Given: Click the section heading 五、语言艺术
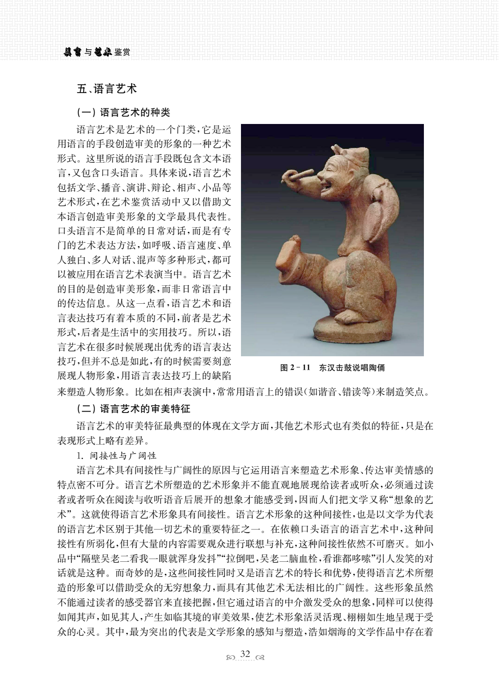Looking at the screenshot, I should point(106,89).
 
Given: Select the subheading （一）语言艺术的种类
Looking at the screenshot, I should point(123,112).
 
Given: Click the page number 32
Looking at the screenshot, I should point(245,654).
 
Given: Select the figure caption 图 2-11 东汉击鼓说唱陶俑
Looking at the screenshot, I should point(332,368).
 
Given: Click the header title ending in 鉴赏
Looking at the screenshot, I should point(97,53).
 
